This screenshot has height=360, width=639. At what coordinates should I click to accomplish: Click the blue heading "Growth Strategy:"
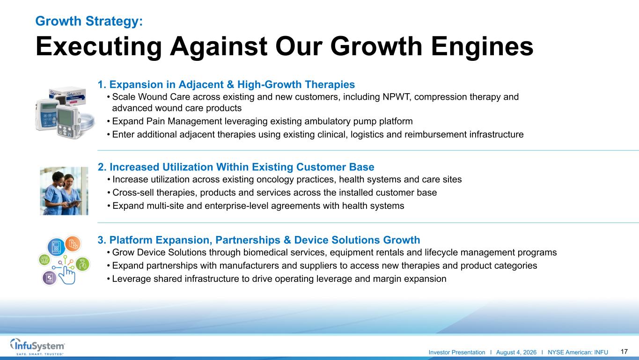click(x=89, y=21)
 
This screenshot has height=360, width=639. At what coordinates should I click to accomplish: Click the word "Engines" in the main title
click(x=482, y=46)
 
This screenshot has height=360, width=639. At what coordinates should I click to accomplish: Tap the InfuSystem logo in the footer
click(x=37, y=346)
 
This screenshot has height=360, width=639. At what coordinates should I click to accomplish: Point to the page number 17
click(x=624, y=352)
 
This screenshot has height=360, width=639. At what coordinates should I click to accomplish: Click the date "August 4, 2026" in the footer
click(x=516, y=353)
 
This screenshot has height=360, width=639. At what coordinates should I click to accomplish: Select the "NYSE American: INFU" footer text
click(x=578, y=353)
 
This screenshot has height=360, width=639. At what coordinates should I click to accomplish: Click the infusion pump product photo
click(x=65, y=113)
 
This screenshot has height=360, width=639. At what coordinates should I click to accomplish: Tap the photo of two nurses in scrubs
click(x=64, y=191)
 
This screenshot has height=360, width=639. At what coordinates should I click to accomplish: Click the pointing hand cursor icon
click(x=67, y=275)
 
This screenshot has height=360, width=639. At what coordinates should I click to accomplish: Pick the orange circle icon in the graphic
click(x=73, y=244)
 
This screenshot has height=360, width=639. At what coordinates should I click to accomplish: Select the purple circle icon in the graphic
click(x=49, y=278)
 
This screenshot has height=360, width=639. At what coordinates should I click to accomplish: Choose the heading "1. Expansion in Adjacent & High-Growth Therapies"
click(x=226, y=84)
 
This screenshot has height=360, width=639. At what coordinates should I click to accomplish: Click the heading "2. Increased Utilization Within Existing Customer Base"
click(x=236, y=167)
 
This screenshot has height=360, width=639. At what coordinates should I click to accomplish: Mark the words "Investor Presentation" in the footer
click(x=457, y=353)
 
